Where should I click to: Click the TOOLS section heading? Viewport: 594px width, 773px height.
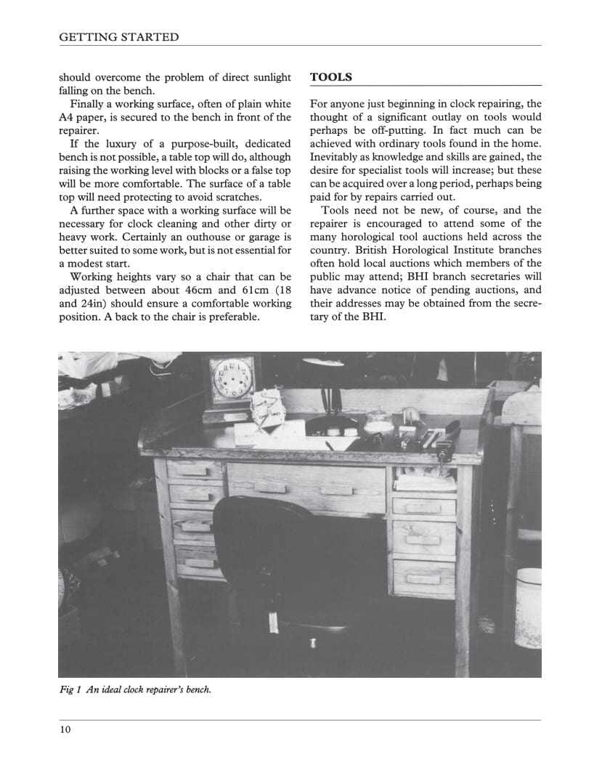pos(331,77)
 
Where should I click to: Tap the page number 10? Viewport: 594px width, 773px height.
pos(65,729)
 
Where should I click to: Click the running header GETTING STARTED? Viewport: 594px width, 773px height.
pos(118,37)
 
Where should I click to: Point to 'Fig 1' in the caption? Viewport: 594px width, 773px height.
pos(70,689)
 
